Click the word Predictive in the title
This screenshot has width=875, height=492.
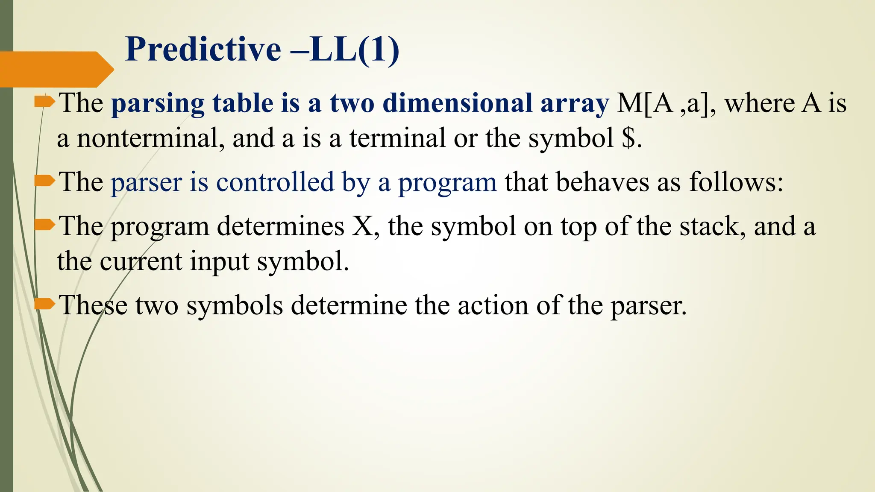pos(203,50)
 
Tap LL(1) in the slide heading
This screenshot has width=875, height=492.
pos(355,50)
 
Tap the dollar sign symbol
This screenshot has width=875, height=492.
pos(628,138)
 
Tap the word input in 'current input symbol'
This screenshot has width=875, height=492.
pos(219,261)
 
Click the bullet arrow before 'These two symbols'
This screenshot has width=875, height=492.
pos(44,304)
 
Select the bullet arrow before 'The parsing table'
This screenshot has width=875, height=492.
pos(44,102)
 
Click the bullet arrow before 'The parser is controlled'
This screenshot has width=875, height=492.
pos(44,181)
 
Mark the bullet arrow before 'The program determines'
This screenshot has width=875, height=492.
pos(44,225)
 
